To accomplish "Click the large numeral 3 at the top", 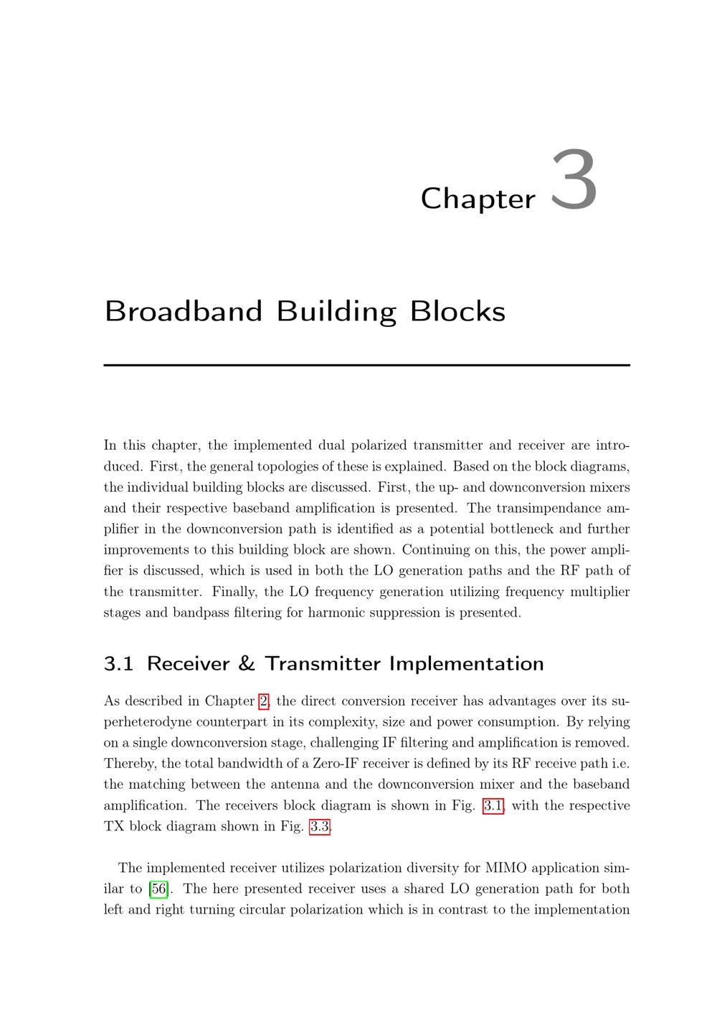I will pyautogui.click(x=574, y=181).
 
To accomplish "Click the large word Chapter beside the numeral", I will pyautogui.click(x=478, y=199).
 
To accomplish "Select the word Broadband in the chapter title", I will pyautogui.click(x=184, y=311).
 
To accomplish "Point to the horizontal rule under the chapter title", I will pyautogui.click(x=366, y=365).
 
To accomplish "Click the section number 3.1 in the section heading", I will pyautogui.click(x=118, y=663).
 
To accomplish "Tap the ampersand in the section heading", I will pyautogui.click(x=246, y=663).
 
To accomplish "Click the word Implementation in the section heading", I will pyautogui.click(x=466, y=663).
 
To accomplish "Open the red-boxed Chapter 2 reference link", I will pyautogui.click(x=263, y=701).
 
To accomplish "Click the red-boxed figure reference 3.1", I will pyautogui.click(x=493, y=805).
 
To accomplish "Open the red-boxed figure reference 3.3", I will pyautogui.click(x=319, y=826).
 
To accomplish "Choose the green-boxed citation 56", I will pyautogui.click(x=158, y=889).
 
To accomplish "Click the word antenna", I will pyautogui.click(x=296, y=784).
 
